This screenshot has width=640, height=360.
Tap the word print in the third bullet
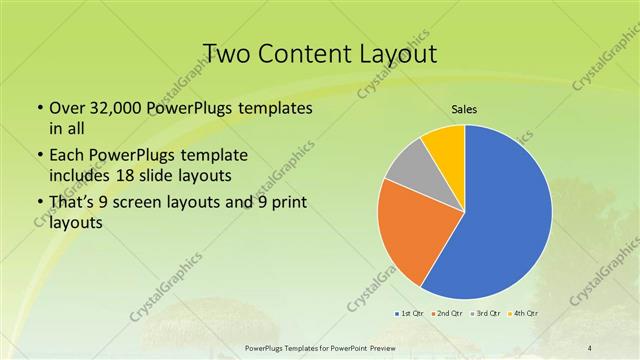click(x=285, y=204)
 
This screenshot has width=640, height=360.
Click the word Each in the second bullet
click(x=69, y=156)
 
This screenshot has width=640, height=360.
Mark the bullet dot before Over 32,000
click(x=39, y=108)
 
